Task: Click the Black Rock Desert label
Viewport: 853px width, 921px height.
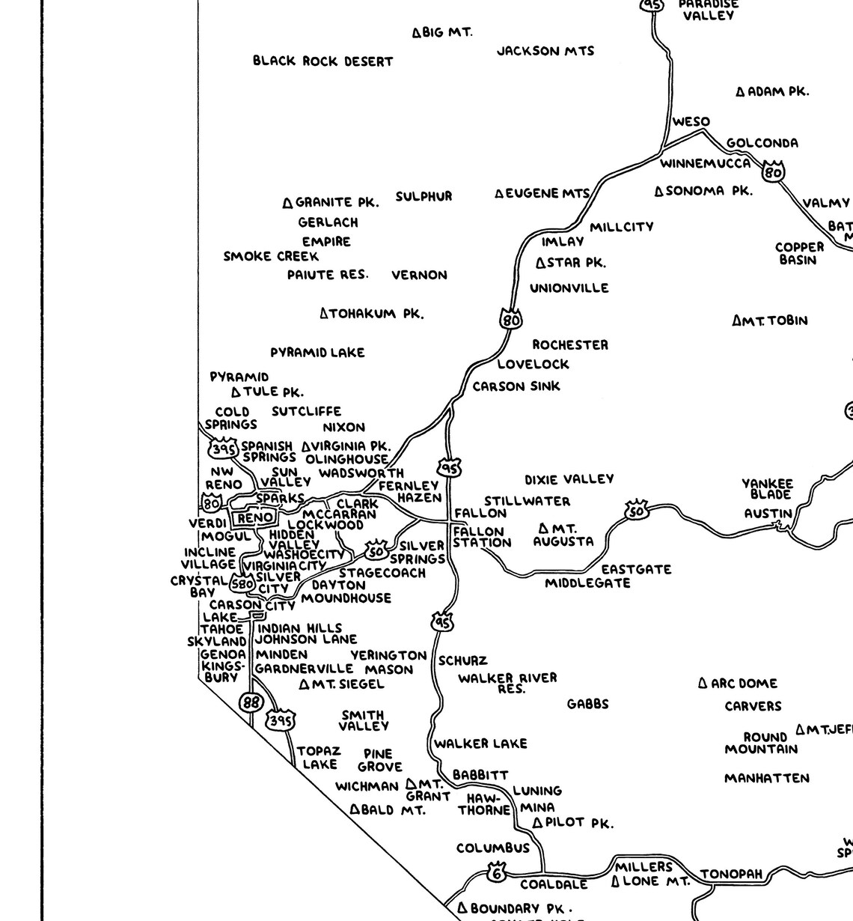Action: [x=322, y=61]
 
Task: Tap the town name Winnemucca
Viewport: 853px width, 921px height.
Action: [x=705, y=163]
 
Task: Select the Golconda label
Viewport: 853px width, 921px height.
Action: [x=762, y=143]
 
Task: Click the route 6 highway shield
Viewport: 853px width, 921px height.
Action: [x=496, y=872]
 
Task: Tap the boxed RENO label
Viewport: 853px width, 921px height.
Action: [x=255, y=517]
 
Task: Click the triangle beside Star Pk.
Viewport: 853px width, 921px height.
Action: [x=541, y=263]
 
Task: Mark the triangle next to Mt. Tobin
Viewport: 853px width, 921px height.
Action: [x=737, y=321]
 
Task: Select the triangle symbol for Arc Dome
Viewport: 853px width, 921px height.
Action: [x=703, y=683]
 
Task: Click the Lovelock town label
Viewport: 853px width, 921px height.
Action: [x=533, y=365]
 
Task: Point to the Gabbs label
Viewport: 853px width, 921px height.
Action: [x=587, y=704]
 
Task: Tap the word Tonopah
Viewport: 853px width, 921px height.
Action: [x=731, y=874]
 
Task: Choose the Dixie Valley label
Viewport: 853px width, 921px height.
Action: [x=569, y=479]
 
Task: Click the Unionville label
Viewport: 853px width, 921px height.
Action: [x=569, y=288]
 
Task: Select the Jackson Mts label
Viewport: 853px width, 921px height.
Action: [x=545, y=51]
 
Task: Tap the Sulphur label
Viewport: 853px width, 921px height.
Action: [x=424, y=197]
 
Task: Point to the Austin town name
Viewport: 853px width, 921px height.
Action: [x=768, y=514]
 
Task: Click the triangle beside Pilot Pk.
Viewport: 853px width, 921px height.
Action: [x=537, y=823]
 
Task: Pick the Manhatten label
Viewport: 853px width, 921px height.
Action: [x=766, y=779]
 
